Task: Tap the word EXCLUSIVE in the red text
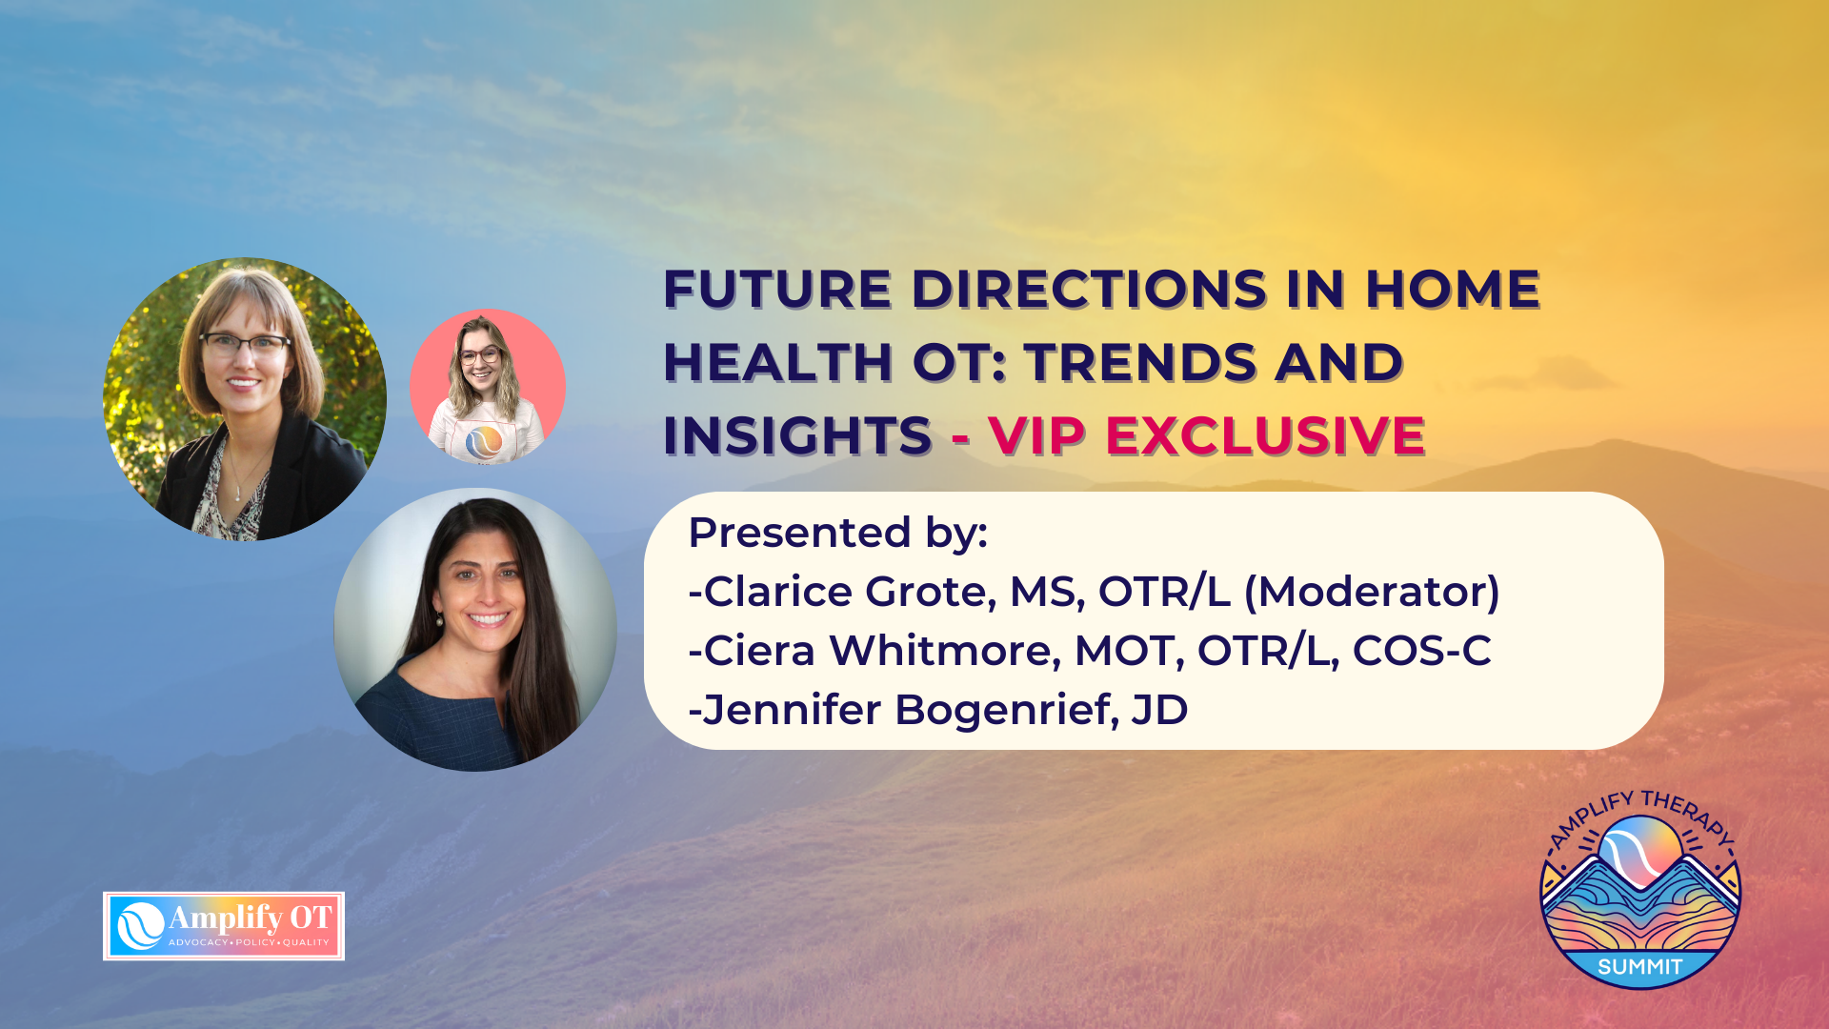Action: (1264, 435)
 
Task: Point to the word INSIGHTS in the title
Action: (796, 435)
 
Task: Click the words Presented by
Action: (837, 533)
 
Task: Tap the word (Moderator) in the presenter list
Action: (1372, 592)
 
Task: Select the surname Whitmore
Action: (944, 651)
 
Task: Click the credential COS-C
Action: (1421, 651)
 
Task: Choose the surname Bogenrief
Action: (1006, 710)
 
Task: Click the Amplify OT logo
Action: (224, 926)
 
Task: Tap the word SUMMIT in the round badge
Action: (1640, 967)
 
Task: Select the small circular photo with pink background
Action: (488, 386)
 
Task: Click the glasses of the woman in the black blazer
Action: (244, 345)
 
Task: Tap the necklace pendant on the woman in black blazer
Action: (237, 494)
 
